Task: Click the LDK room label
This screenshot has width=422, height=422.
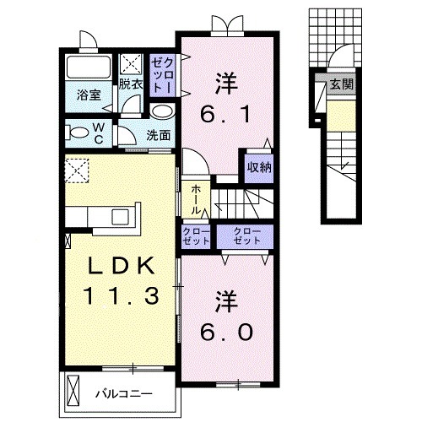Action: pos(118,267)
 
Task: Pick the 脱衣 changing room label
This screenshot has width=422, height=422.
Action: pos(130,84)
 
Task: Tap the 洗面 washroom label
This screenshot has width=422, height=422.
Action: pos(158,134)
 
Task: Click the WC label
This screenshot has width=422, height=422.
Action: pos(98,133)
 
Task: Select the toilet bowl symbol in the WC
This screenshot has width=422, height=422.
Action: pos(78,133)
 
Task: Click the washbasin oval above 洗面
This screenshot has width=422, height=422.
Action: pos(163,111)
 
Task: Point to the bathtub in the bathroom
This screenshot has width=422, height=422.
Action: pos(88,68)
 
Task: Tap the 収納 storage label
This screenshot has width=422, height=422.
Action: pos(258,166)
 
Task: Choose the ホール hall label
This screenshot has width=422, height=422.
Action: pos(196,199)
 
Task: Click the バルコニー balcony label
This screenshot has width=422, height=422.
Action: pos(123,392)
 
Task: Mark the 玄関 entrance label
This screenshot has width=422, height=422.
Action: pos(341,84)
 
